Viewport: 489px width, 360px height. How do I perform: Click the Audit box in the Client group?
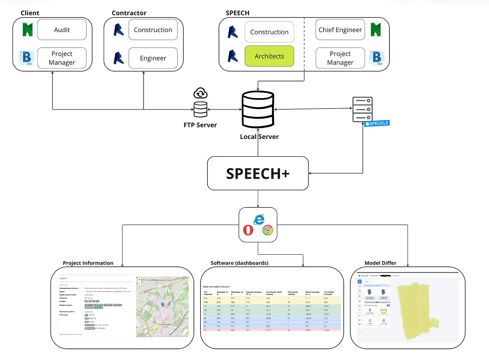pos(62,30)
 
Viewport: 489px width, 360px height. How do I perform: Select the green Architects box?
pos(269,56)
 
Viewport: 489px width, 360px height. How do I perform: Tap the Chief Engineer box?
pos(340,30)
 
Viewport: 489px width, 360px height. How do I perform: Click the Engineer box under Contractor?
pos(153,58)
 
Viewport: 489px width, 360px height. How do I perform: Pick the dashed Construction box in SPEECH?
pos(269,32)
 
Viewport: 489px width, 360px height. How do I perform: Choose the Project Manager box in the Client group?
pos(62,58)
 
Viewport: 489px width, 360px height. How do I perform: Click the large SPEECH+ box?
pos(258,174)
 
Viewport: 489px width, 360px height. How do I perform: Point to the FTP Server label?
pos(200,125)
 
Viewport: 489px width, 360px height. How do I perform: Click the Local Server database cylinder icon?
pos(258,109)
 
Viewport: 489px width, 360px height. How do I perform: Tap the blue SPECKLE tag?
pos(377,123)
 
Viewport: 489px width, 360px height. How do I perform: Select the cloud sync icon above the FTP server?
pos(200,93)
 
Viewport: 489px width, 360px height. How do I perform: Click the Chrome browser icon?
pos(268,230)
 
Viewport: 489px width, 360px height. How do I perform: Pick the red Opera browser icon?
pos(248,230)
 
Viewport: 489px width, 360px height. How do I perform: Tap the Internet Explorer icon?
pos(259,220)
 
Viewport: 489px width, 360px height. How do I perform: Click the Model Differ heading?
pos(380,263)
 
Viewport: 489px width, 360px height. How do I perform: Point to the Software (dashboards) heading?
pos(239,263)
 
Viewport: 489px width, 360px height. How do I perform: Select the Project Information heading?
pos(88,263)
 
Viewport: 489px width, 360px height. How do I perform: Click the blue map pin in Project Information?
pos(162,304)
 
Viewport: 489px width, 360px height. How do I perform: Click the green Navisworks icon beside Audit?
pos(28,30)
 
